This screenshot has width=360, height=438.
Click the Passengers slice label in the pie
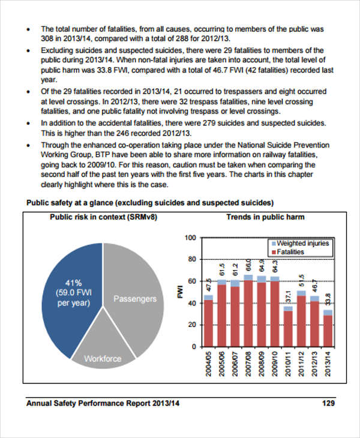point(135,298)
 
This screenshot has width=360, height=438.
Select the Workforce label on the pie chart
point(103,359)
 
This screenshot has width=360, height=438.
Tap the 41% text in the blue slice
point(73,283)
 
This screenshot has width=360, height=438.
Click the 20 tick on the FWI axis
point(193,325)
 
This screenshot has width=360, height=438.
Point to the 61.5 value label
point(221,268)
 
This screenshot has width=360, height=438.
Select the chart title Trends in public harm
point(265,217)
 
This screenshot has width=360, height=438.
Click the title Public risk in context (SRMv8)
point(103,217)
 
